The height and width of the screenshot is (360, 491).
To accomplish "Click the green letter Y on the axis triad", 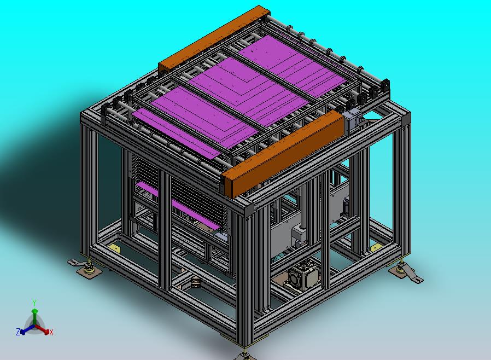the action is tap(34, 303).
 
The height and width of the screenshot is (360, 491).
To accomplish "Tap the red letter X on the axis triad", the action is tap(51, 332).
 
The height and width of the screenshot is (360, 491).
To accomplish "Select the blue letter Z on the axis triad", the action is tap(18, 332).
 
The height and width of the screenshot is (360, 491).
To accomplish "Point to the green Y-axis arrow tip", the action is tap(35, 311).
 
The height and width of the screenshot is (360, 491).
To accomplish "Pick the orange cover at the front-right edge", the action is tap(283, 154).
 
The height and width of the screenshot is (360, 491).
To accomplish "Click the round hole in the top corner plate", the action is tap(372, 116).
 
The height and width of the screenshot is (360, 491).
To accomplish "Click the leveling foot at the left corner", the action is tap(86, 268).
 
